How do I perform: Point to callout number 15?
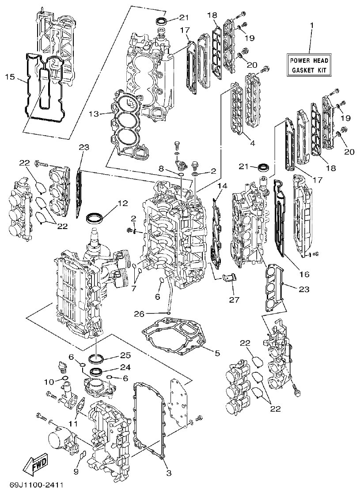click(x=10, y=77)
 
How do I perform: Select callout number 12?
click(x=122, y=203)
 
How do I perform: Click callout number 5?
click(x=217, y=353)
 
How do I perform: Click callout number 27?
click(x=234, y=300)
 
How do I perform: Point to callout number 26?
click(x=139, y=313)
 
